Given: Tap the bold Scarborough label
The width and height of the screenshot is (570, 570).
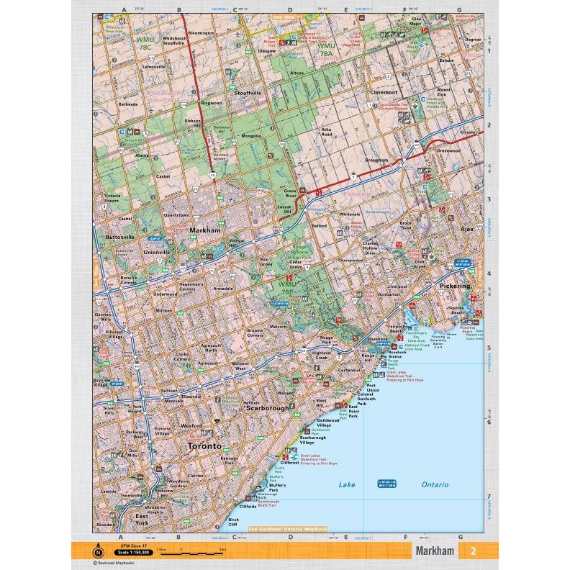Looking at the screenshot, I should (x=268, y=408).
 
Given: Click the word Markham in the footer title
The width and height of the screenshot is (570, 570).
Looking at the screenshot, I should (x=435, y=551).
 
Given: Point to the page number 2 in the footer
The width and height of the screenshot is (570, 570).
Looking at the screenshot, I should (x=473, y=551).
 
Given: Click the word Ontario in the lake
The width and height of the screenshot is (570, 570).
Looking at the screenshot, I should (x=435, y=484).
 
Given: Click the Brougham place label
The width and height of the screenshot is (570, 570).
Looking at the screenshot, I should (x=377, y=160).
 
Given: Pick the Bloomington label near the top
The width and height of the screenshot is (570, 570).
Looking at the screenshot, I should (x=201, y=32).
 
